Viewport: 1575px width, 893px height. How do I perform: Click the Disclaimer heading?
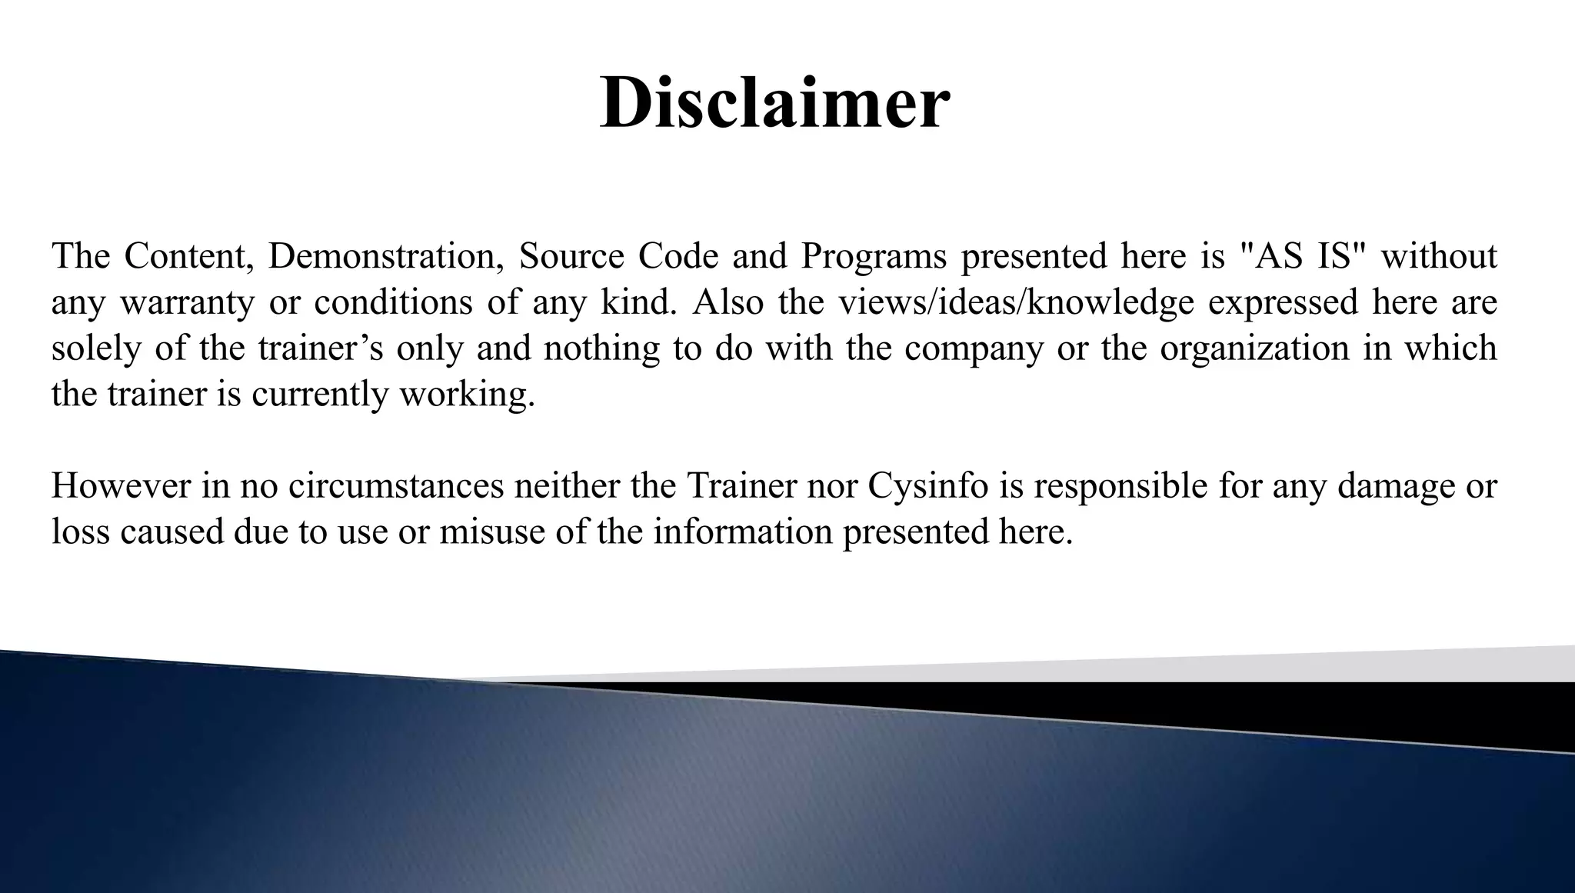click(774, 103)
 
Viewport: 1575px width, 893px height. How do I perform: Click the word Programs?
click(874, 256)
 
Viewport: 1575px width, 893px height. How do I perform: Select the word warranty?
click(187, 302)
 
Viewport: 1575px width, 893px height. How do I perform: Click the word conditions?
click(393, 302)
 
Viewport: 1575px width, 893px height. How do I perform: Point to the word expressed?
click(1283, 302)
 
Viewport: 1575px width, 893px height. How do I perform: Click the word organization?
click(1254, 348)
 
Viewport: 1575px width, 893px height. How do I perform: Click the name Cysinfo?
click(927, 486)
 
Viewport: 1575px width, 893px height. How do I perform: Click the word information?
click(743, 532)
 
